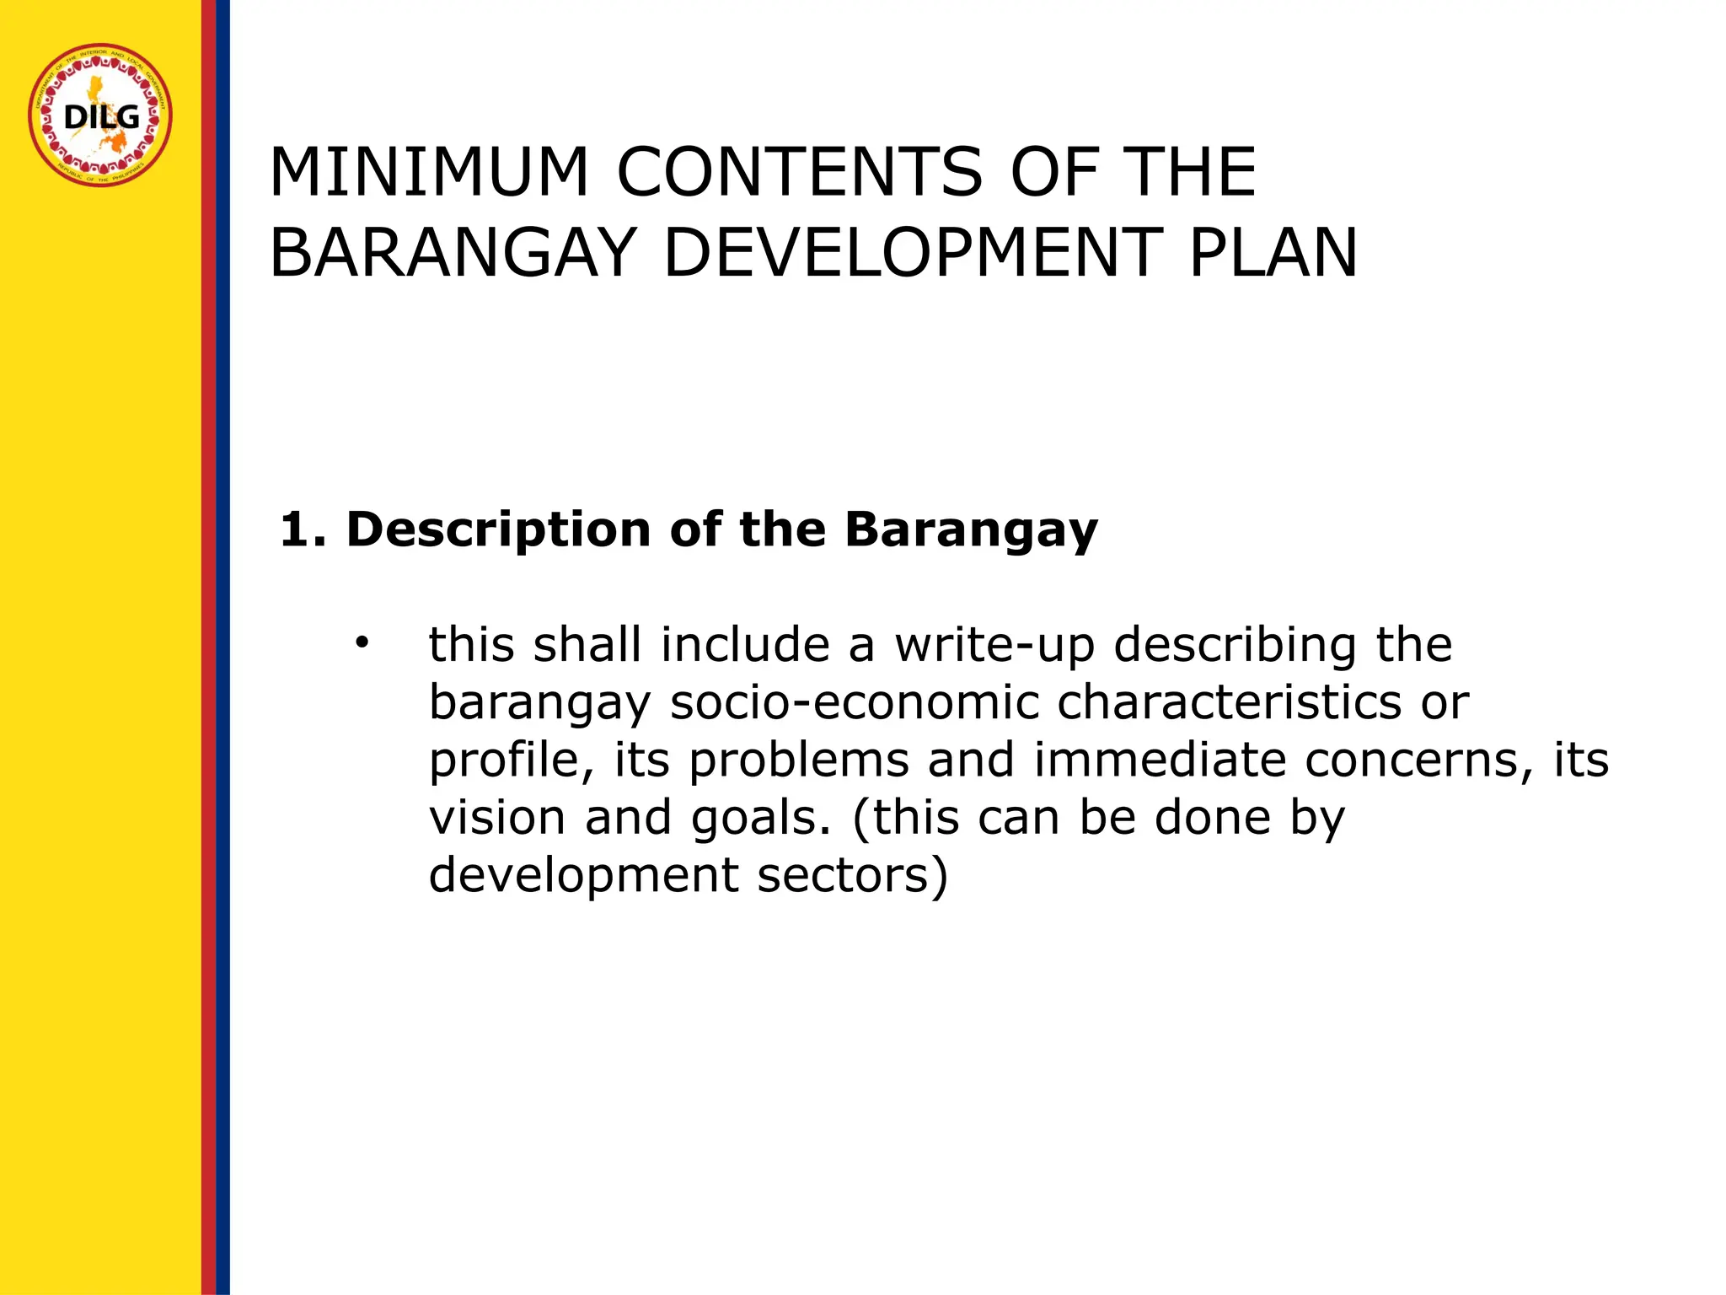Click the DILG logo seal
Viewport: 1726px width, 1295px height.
coord(100,116)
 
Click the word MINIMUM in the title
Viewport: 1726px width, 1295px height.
coord(428,173)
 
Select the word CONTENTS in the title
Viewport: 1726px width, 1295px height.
coord(799,173)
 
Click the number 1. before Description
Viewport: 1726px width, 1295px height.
coord(302,530)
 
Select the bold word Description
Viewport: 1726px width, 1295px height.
coord(498,530)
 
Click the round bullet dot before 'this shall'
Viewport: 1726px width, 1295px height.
coord(362,644)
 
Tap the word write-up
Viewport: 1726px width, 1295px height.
coord(994,646)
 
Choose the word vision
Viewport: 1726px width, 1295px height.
coord(497,818)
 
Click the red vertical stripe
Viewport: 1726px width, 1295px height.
coord(209,647)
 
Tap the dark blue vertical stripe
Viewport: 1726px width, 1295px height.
coord(222,647)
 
